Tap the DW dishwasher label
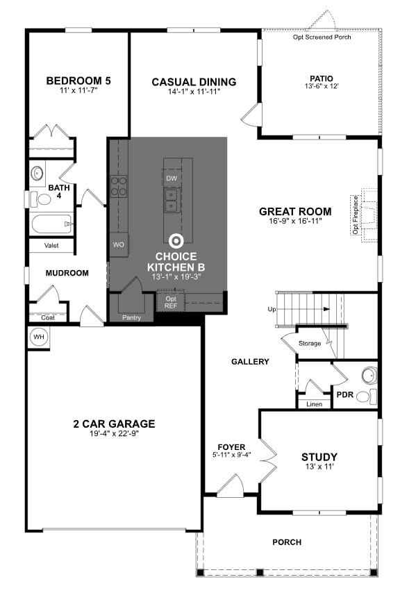point(172,178)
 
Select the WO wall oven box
point(118,244)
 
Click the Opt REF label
point(171,301)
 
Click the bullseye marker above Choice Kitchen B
point(176,241)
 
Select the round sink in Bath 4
point(37,172)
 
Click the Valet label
point(51,245)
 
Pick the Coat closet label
point(48,317)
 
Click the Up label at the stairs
point(273,308)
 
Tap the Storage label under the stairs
point(310,343)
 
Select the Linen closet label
point(314,403)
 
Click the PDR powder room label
point(346,394)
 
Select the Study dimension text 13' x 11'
point(319,467)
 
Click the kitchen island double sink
point(172,200)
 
